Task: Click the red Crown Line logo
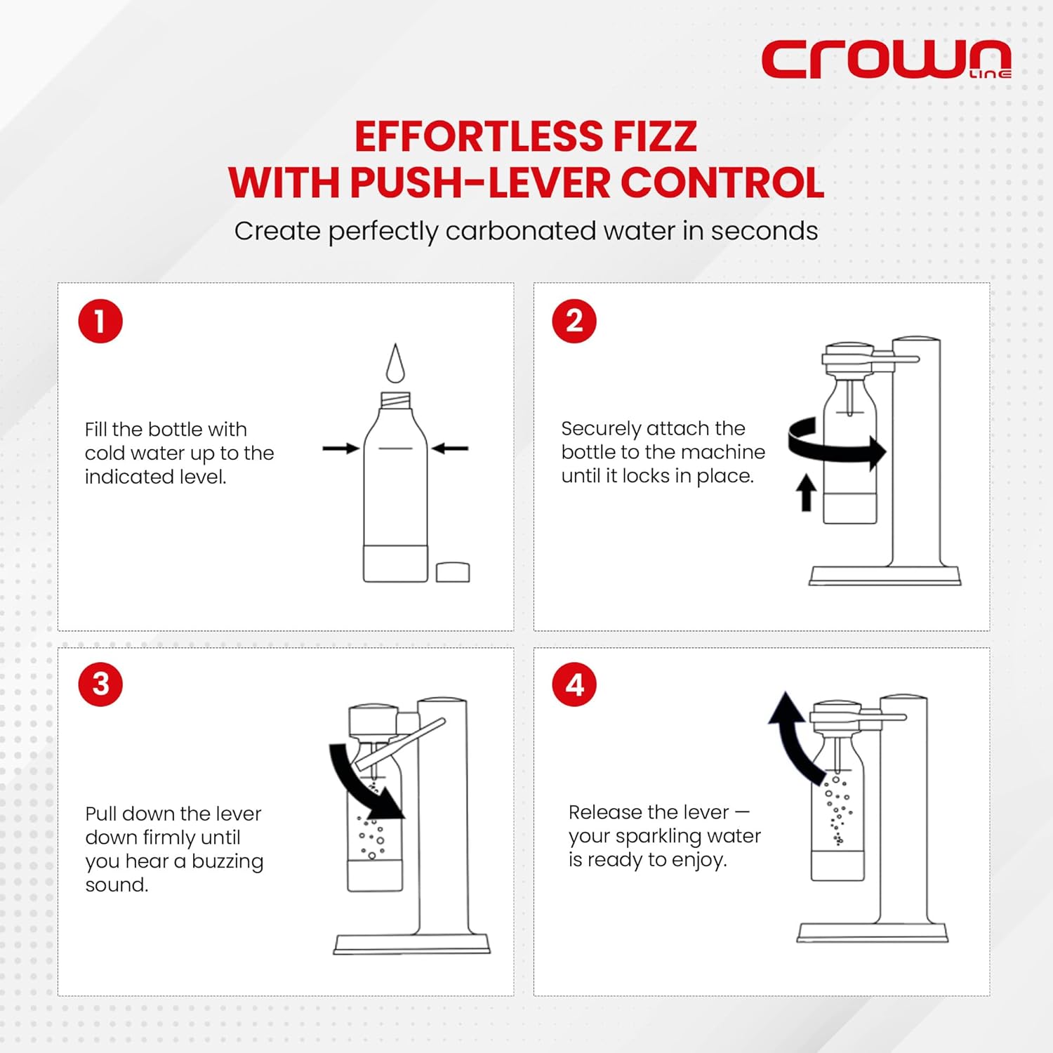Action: pyautogui.click(x=886, y=60)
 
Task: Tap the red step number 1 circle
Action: pyautogui.click(x=100, y=322)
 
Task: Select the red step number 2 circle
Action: pyautogui.click(x=574, y=322)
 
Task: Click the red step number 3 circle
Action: pyautogui.click(x=100, y=684)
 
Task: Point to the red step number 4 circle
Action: pyautogui.click(x=574, y=684)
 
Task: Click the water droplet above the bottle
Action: pyautogui.click(x=396, y=363)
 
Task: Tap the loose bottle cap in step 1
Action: pyautogui.click(x=453, y=572)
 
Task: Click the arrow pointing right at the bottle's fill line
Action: pyautogui.click(x=341, y=448)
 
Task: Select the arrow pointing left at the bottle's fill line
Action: pyautogui.click(x=450, y=448)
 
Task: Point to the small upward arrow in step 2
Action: pyautogui.click(x=806, y=492)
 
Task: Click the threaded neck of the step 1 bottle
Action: pyautogui.click(x=396, y=401)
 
